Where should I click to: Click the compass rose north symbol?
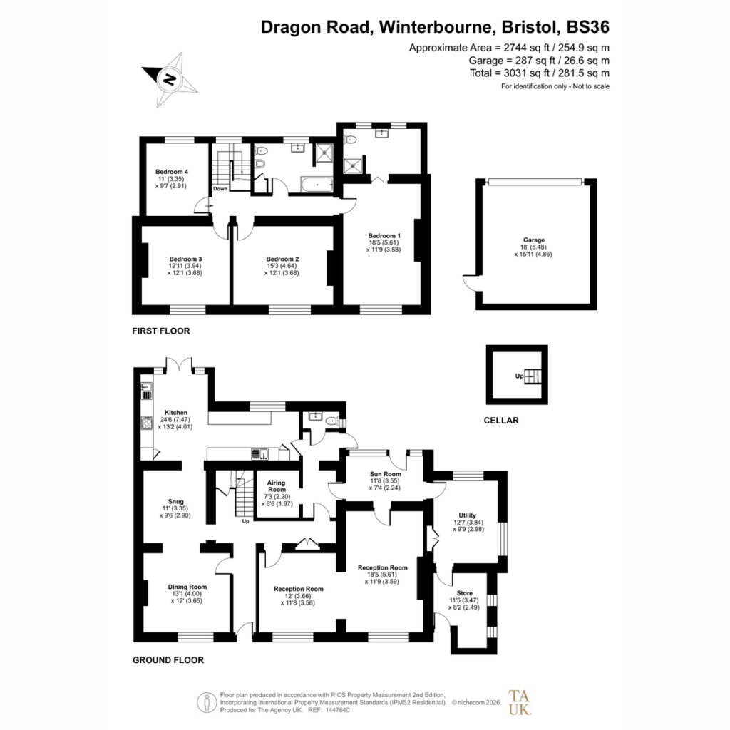tap(170, 79)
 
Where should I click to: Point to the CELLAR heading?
tap(501, 421)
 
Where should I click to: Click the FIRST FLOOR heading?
tap(161, 331)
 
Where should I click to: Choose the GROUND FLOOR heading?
tap(168, 659)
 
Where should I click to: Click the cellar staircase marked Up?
tap(534, 376)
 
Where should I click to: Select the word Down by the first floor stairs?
tap(220, 188)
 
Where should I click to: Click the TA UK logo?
tap(519, 702)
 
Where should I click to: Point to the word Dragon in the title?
tap(291, 28)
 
